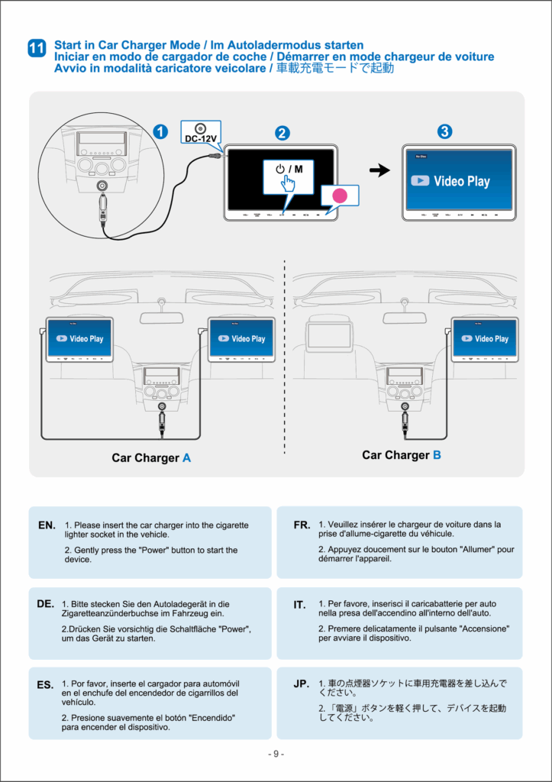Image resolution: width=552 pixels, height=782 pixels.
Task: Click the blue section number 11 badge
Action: coord(36,47)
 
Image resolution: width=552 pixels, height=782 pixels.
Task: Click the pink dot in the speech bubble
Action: coord(341,196)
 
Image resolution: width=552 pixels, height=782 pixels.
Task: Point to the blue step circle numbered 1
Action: coord(160,131)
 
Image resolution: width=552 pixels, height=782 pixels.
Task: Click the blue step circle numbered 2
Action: coord(282,133)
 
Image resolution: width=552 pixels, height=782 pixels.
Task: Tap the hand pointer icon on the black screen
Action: coord(287,184)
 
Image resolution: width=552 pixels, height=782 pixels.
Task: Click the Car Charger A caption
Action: coord(151,458)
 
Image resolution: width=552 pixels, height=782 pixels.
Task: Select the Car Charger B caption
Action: coord(402,455)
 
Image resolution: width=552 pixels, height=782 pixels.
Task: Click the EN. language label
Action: coord(47,525)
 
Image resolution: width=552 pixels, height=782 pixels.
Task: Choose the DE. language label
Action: coord(45,603)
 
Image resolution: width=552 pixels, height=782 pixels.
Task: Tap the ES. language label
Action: coord(45,685)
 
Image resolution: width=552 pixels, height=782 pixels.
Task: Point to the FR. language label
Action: coord(302,525)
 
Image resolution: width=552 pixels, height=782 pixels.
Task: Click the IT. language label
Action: coord(299,605)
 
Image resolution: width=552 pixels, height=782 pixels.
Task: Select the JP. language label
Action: coord(302,684)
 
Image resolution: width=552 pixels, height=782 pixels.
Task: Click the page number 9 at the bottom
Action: coord(276,754)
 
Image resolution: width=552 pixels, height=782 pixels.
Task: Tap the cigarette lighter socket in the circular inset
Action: coord(101,186)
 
